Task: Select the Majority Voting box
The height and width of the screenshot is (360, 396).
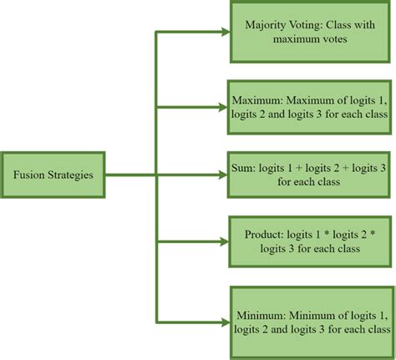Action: point(311,33)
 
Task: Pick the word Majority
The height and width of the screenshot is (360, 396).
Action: point(263,25)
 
